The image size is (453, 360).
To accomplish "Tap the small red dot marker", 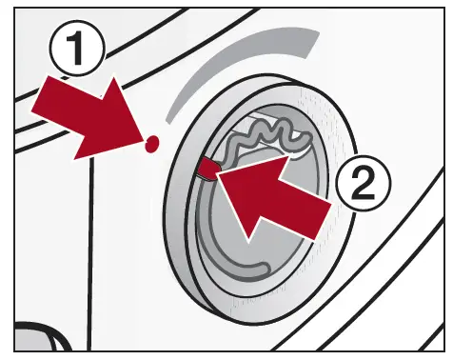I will tap(151, 144).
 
